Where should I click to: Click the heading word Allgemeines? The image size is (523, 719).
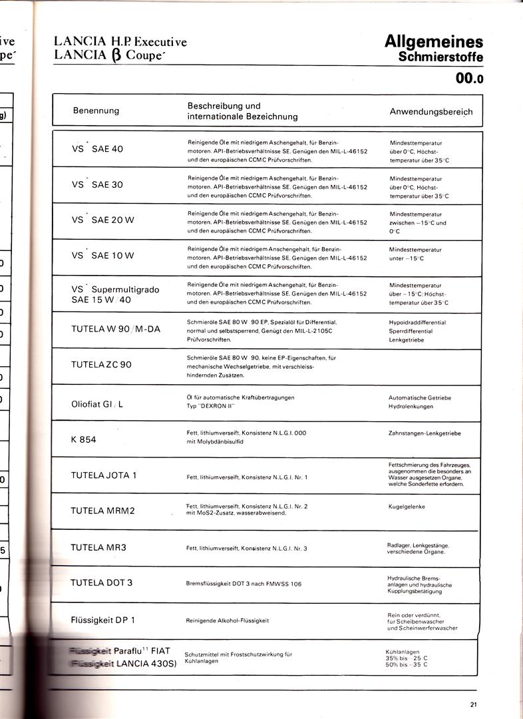click(x=434, y=42)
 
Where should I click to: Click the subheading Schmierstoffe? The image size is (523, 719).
click(x=440, y=57)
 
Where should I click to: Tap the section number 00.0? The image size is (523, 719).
click(x=470, y=79)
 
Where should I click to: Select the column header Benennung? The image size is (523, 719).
click(x=96, y=111)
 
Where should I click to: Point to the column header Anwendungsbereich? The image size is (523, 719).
click(x=431, y=111)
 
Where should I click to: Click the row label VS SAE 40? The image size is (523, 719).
click(x=97, y=148)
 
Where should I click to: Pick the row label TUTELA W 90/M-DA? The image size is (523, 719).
click(x=116, y=329)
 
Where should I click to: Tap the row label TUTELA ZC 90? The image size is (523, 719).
click(x=101, y=365)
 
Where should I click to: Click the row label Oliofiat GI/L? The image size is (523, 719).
click(x=97, y=403)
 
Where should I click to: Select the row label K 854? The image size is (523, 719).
click(x=84, y=439)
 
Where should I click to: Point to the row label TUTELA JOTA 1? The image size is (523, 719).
click(x=104, y=475)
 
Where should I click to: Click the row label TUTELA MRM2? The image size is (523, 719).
click(x=102, y=511)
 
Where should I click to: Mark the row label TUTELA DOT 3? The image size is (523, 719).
click(x=102, y=583)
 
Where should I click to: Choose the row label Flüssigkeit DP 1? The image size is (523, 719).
click(x=103, y=620)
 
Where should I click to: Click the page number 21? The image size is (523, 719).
click(x=473, y=706)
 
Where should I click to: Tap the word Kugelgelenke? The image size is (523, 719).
click(x=407, y=507)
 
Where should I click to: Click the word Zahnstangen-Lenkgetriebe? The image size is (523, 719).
click(x=424, y=433)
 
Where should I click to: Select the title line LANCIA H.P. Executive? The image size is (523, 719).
click(x=120, y=42)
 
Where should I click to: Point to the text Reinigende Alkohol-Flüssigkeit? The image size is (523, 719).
click(x=228, y=620)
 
